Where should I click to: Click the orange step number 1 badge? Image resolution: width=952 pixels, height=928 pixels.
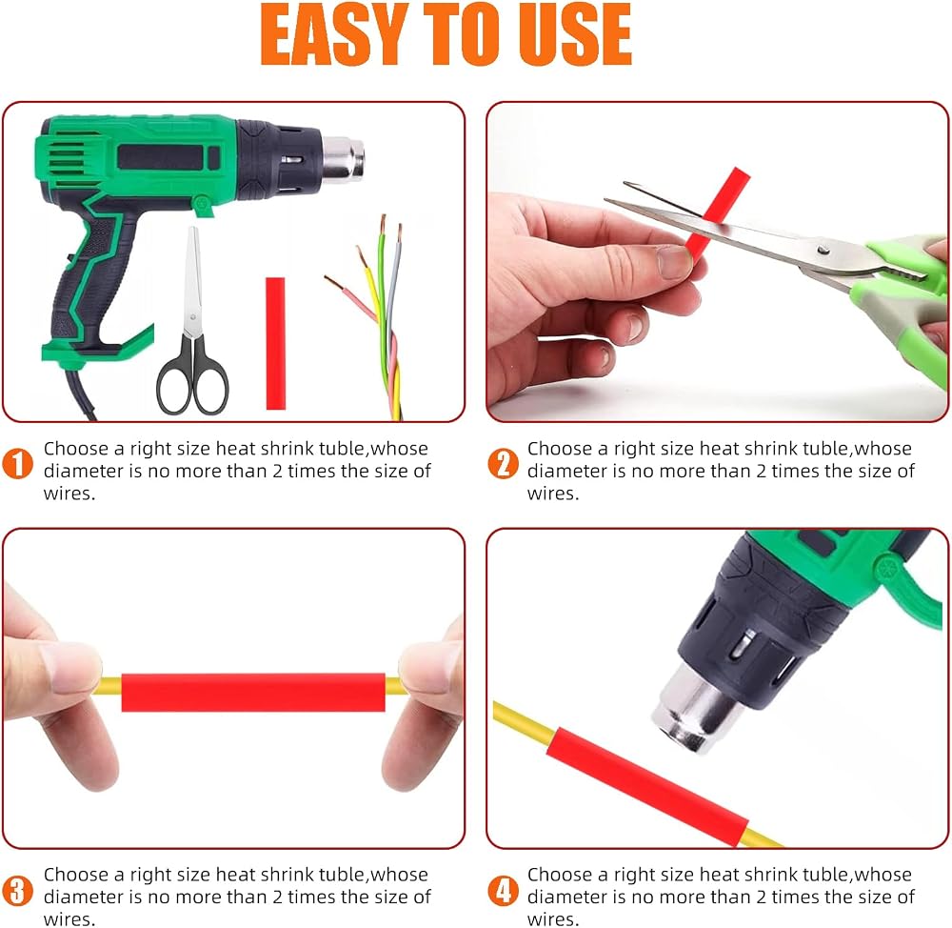17,464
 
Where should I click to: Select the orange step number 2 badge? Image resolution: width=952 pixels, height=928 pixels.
504,464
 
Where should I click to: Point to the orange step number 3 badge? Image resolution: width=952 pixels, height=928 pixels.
17,890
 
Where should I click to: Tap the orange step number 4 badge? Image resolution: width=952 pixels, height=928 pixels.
504,890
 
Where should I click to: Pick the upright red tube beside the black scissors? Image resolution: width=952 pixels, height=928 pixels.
276,343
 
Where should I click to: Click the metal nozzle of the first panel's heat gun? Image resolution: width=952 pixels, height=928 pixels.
343,158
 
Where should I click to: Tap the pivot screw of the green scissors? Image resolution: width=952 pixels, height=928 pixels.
823,250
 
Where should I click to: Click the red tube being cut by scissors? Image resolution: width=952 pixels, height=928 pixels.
717,212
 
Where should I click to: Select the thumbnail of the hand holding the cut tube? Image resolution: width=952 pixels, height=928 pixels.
674,262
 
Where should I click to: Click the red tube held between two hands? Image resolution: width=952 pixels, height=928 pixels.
253,692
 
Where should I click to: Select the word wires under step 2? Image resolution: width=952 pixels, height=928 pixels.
553,494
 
